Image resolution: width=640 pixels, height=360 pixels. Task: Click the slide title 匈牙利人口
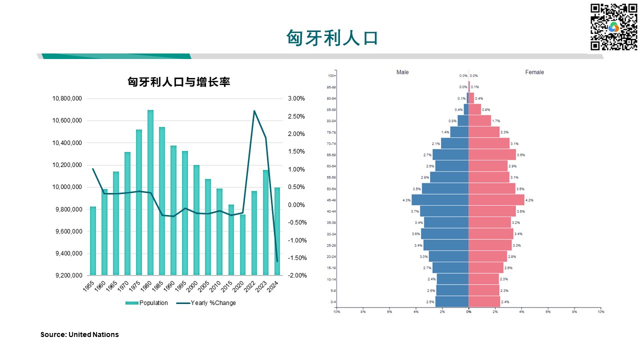[331, 38]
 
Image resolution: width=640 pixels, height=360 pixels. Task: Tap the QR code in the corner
[613, 27]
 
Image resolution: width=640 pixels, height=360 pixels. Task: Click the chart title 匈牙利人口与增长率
[178, 82]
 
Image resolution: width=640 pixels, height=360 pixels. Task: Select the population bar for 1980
[150, 192]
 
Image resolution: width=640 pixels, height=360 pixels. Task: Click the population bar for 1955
[92, 240]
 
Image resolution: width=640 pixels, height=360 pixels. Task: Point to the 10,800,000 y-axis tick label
[67, 98]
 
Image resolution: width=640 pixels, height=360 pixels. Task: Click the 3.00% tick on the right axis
[296, 98]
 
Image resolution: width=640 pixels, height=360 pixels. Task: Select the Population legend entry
[147, 302]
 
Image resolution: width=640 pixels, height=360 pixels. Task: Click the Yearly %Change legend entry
[207, 302]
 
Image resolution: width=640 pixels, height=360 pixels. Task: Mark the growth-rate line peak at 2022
[254, 111]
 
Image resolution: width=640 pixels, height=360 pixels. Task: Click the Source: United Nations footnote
[79, 334]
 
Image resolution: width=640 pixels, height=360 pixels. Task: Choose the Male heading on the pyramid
[402, 72]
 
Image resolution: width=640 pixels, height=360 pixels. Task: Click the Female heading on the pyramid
[534, 72]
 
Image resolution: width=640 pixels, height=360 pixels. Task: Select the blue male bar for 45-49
[440, 199]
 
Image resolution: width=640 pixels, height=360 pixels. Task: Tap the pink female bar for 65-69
[492, 154]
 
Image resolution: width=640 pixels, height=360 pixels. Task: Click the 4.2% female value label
[529, 200]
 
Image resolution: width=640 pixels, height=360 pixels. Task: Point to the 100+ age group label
[331, 76]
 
